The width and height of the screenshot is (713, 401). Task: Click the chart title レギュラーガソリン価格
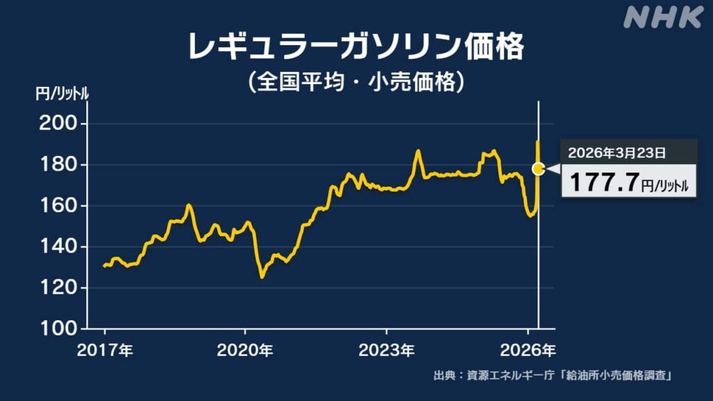pos(356,48)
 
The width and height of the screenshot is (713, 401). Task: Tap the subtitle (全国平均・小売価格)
pos(356,83)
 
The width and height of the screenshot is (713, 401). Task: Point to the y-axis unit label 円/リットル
pos(62,94)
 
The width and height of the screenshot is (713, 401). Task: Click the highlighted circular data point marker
pos(538,168)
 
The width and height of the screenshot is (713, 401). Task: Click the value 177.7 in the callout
pos(604,182)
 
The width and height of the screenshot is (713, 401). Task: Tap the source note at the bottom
pos(556,377)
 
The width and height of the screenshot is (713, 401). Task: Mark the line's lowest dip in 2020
pos(262,277)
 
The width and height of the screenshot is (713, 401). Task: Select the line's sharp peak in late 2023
pos(418,150)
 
